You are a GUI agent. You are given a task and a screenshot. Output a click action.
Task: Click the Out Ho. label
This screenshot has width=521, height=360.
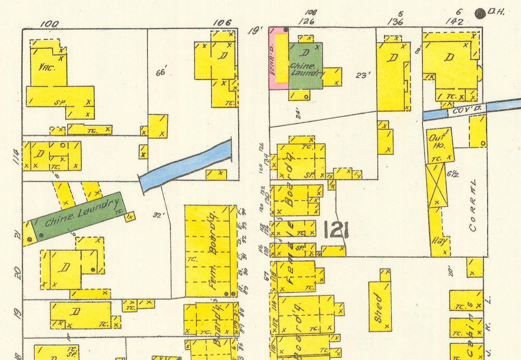click(436, 142)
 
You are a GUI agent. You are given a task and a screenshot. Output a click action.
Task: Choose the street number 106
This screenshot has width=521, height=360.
click(222, 21)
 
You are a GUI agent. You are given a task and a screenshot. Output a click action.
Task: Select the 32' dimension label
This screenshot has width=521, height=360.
click(158, 215)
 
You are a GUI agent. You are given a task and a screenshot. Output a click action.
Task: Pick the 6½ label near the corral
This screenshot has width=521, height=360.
click(452, 174)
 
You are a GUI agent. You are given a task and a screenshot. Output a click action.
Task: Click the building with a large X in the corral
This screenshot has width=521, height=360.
click(437, 185)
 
